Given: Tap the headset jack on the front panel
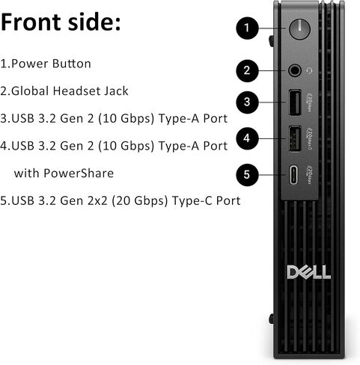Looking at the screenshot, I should coord(295,71).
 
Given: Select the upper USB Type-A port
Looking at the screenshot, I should coord(294,102).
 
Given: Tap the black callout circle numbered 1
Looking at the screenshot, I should coord(248,29).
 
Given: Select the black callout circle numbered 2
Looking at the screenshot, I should coord(248,71).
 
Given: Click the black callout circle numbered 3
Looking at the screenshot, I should coord(248,102).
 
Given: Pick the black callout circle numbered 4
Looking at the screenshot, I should coord(248,138).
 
